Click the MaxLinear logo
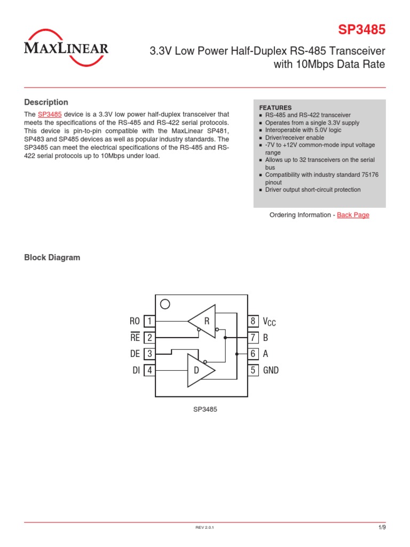point(66,49)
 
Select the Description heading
point(46,102)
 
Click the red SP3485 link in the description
point(50,114)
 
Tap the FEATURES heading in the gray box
point(275,107)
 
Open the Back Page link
point(353,215)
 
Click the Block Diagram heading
point(52,257)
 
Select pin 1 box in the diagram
point(150,321)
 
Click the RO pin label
point(135,321)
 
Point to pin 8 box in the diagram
point(253,321)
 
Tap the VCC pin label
point(269,322)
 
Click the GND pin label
point(271,370)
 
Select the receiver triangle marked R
point(203,321)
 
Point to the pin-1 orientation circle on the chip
point(165,304)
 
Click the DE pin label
point(135,354)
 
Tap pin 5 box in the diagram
point(253,370)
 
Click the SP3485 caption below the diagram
point(205,409)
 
